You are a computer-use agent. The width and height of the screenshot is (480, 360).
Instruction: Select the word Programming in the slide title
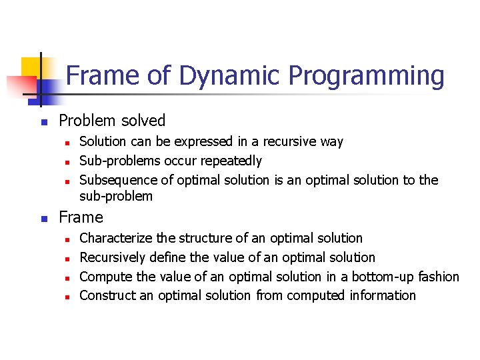366,75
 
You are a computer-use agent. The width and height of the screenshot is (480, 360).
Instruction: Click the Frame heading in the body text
81,217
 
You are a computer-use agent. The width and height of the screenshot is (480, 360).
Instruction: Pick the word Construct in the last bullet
108,295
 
